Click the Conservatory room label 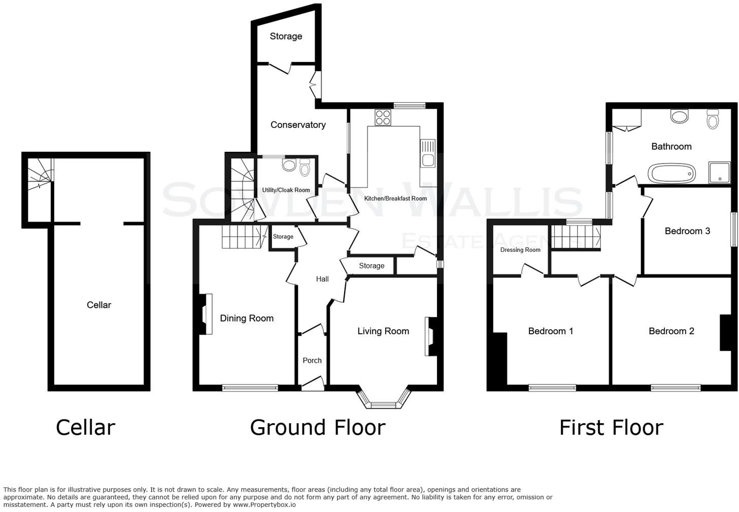298,125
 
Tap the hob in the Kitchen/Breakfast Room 383,118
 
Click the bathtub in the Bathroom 671,173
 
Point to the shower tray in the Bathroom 719,173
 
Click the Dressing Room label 520,250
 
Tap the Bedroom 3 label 687,231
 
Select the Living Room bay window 384,400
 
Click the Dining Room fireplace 206,314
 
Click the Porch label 312,361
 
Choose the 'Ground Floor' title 318,428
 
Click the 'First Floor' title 611,428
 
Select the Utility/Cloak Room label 286,190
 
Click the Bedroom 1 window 552,388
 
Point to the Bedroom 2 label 671,331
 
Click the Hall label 322,279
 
